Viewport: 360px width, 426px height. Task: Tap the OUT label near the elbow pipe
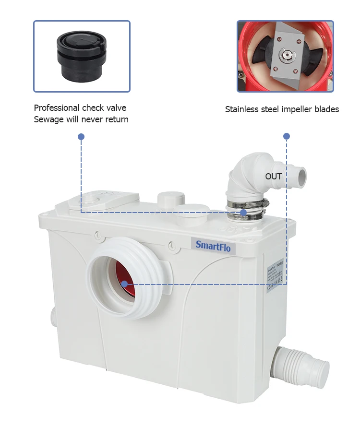click(x=274, y=177)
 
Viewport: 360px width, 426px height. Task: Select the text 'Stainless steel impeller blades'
click(x=282, y=109)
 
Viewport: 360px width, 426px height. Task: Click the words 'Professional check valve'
click(x=80, y=107)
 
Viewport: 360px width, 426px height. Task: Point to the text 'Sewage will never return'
click(x=81, y=119)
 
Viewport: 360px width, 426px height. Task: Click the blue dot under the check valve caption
click(x=81, y=137)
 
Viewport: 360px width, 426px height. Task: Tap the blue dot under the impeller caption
click(x=287, y=136)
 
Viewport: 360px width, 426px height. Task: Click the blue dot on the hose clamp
click(x=243, y=212)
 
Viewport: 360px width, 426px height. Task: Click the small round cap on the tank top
click(x=171, y=198)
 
